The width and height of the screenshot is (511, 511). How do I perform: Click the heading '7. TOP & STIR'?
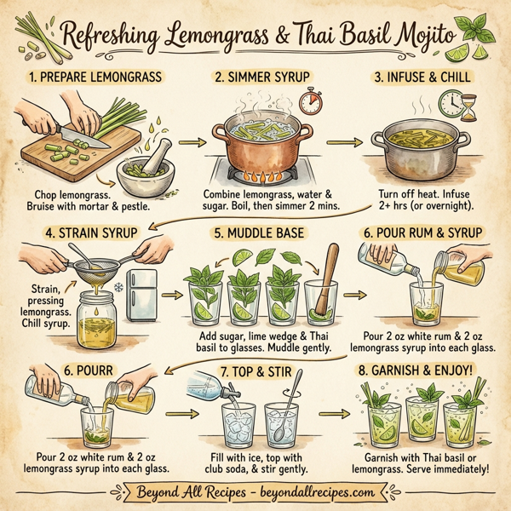[x=255, y=372]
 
